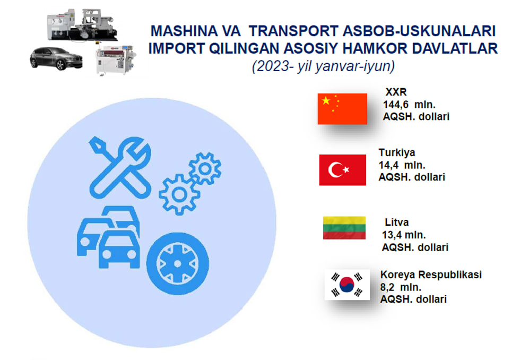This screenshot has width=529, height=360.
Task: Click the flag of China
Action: (342, 109)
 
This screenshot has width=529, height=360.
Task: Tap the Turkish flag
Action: (342, 170)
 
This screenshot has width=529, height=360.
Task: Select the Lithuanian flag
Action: (344, 228)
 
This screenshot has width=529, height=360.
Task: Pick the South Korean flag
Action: (347, 285)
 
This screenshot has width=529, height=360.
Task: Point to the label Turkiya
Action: (397, 152)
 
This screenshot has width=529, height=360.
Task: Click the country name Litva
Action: (396, 222)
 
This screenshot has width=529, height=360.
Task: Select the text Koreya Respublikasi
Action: (431, 275)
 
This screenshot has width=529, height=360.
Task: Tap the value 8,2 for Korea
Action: (387, 287)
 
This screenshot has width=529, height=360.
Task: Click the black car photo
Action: (56, 58)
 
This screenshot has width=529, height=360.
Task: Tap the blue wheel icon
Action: (177, 263)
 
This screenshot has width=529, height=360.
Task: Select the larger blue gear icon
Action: (179, 194)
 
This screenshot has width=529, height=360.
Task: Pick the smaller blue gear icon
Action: (205, 168)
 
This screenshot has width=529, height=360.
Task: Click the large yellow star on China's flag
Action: (326, 100)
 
